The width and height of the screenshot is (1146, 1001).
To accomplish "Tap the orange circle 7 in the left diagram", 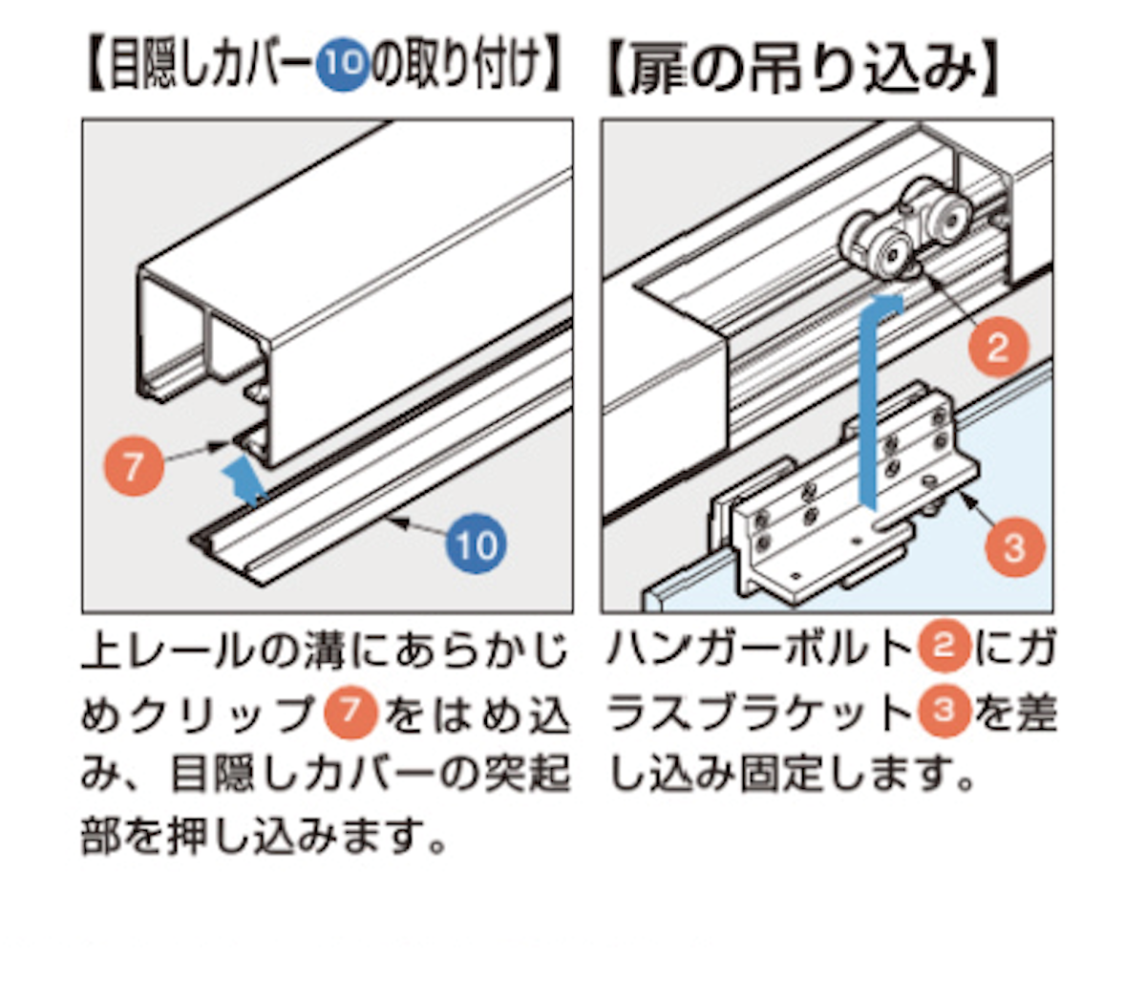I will pyautogui.click(x=133, y=466).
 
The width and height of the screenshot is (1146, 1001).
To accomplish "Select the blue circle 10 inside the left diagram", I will pyautogui.click(x=475, y=544).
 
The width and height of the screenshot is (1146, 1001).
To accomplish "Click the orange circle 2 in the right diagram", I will pyautogui.click(x=996, y=346).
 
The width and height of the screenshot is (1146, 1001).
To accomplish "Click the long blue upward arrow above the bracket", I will pyautogui.click(x=871, y=401).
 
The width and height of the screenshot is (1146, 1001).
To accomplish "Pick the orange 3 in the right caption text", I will pyautogui.click(x=943, y=712).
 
